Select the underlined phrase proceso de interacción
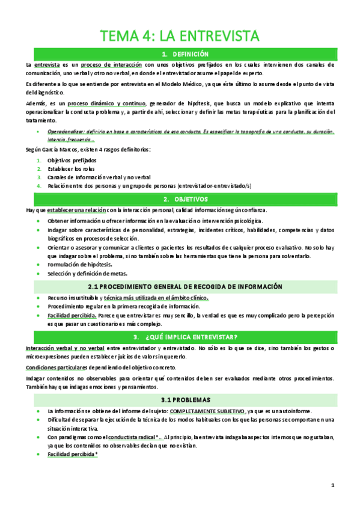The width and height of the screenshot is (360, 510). point(114,64)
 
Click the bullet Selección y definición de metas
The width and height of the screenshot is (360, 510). point(88,273)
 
